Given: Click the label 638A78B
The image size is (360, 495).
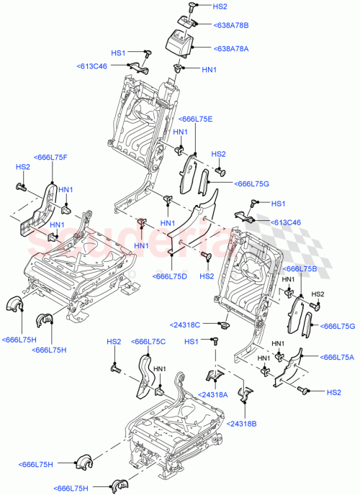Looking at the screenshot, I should (x=232, y=26).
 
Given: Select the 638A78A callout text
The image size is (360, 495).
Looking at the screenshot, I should (x=232, y=49).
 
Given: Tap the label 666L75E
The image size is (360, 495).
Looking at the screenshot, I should (x=197, y=119).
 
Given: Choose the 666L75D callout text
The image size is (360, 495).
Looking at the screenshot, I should (x=170, y=276).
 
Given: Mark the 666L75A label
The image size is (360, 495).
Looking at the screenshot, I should (x=337, y=357).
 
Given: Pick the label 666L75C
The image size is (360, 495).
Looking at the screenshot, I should (x=149, y=342).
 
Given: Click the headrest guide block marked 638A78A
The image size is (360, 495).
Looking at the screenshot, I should (x=182, y=42).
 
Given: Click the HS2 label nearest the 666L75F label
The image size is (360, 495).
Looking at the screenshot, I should (x=22, y=167).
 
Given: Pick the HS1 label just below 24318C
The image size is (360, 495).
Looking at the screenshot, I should (x=192, y=342).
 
